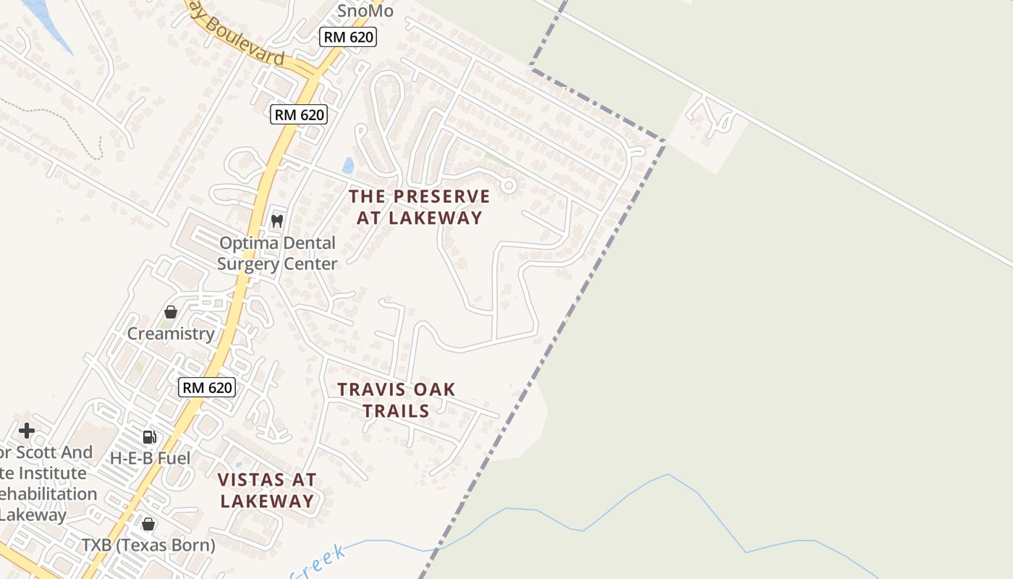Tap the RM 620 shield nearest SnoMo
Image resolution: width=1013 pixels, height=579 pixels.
[x=348, y=37]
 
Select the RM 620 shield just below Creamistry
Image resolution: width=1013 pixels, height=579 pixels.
[x=207, y=387]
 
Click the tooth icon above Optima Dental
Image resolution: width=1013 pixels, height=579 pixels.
[x=276, y=221]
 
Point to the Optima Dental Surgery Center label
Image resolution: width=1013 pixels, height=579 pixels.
[x=277, y=253]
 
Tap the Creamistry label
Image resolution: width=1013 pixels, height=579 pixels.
[x=171, y=334]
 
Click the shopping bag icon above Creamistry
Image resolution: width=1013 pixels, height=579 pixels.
[x=171, y=312]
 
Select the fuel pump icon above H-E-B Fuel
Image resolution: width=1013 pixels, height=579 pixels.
[x=150, y=436]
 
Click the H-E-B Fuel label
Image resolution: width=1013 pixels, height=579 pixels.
[x=150, y=458]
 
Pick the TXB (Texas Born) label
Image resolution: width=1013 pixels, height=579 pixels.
[x=148, y=545]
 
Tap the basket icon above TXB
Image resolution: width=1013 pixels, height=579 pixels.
[x=148, y=524]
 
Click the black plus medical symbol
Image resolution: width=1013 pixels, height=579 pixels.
[x=27, y=431]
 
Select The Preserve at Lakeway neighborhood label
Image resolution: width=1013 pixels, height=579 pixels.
[x=420, y=207]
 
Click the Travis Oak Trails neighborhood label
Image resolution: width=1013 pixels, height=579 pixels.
[x=397, y=400]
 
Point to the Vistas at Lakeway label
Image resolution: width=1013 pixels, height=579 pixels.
[x=267, y=490]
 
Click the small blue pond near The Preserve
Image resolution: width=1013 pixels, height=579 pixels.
[x=349, y=166]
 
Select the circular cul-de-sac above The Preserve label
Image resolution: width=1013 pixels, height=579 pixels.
[x=509, y=185]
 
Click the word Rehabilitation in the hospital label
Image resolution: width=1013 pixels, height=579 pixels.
[x=48, y=494]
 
